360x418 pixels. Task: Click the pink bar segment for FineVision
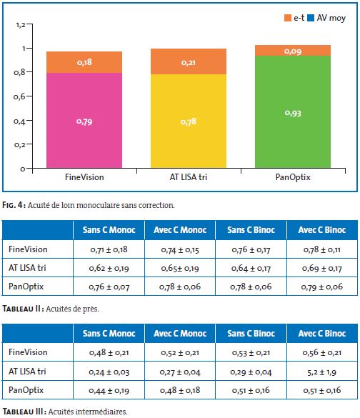pos(84,121)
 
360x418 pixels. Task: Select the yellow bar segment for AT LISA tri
pos(189,121)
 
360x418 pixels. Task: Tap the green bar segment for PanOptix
pos(293,111)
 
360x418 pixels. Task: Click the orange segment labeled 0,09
pos(293,51)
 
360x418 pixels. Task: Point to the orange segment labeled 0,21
pos(189,61)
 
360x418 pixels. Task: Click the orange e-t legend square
pos(288,18)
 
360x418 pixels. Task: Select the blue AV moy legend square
pos(311,18)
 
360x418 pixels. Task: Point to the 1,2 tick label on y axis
pos(21,25)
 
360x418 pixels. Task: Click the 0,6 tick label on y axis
pos(19,96)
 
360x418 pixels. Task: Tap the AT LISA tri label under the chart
pos(189,177)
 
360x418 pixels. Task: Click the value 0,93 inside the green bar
pos(293,113)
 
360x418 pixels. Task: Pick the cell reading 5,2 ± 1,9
pos(322,372)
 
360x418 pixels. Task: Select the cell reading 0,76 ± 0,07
pos(109,287)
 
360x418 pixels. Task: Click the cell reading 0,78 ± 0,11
pos(322,249)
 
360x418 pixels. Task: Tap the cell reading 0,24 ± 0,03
pos(109,372)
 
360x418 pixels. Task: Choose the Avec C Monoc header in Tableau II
pos(180,230)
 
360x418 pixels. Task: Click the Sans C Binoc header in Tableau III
pos(251,333)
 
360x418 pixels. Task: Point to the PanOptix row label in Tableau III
pos(26,390)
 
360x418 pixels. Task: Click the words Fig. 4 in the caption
pos(14,205)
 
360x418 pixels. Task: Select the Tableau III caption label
pos(23,412)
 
